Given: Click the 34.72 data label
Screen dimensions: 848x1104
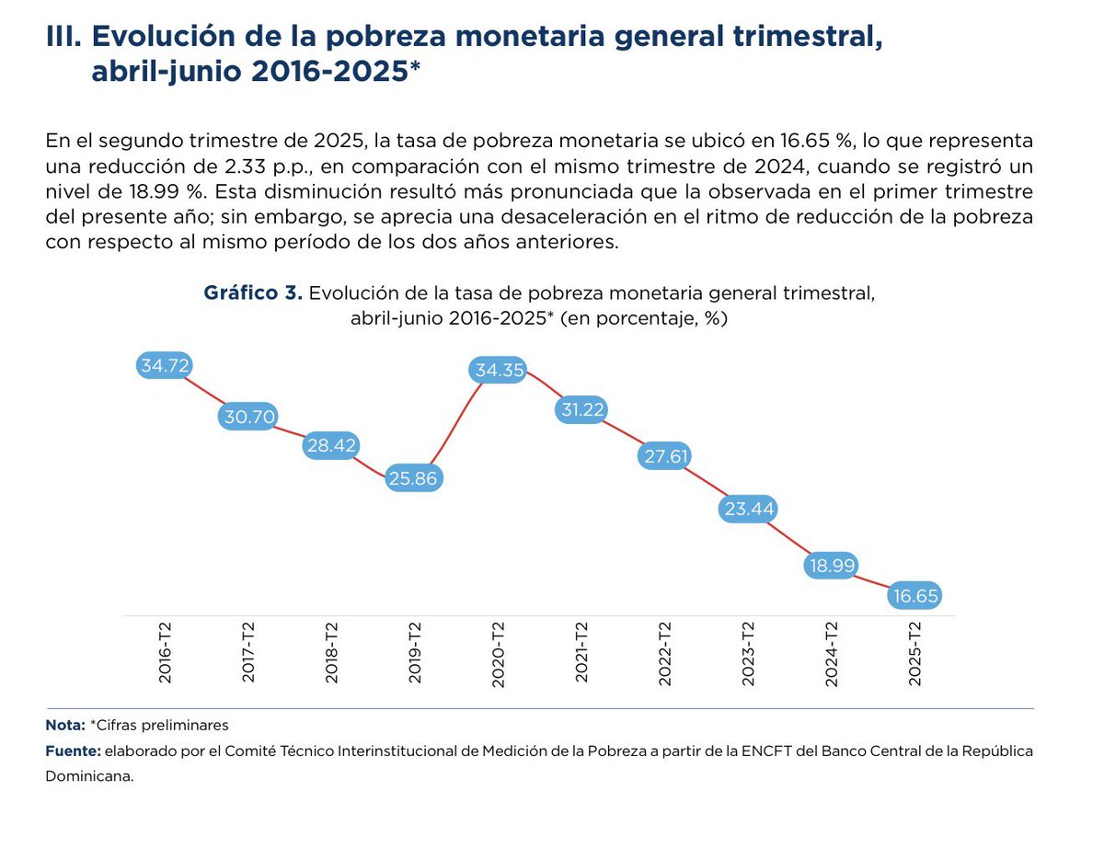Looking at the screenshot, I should tap(166, 365).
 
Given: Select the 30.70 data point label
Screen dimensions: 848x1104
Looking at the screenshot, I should tap(247, 417).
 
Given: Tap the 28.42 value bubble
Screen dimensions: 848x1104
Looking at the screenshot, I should tap(331, 446).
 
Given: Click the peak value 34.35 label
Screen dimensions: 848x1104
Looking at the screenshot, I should tap(498, 371).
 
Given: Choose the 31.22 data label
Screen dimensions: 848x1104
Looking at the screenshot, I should tap(581, 410).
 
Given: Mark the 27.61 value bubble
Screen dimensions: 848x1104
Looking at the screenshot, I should tap(664, 456).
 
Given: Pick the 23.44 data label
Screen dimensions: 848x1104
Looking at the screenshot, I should tap(747, 509).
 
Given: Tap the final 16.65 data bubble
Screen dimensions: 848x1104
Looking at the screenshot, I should tap(914, 596).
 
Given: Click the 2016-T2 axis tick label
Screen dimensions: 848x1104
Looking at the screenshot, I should tap(166, 652).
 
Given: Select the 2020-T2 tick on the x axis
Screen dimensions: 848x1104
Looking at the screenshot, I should tap(499, 652).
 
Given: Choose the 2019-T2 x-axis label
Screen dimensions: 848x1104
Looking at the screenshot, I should tap(415, 652).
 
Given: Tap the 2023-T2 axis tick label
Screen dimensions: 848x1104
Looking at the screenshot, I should tap(748, 652).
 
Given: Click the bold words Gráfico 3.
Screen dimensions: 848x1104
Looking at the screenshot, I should tap(253, 293).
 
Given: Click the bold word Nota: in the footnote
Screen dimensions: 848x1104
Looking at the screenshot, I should tap(65, 725).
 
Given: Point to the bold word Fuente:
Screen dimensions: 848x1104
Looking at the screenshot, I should tap(73, 751).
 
